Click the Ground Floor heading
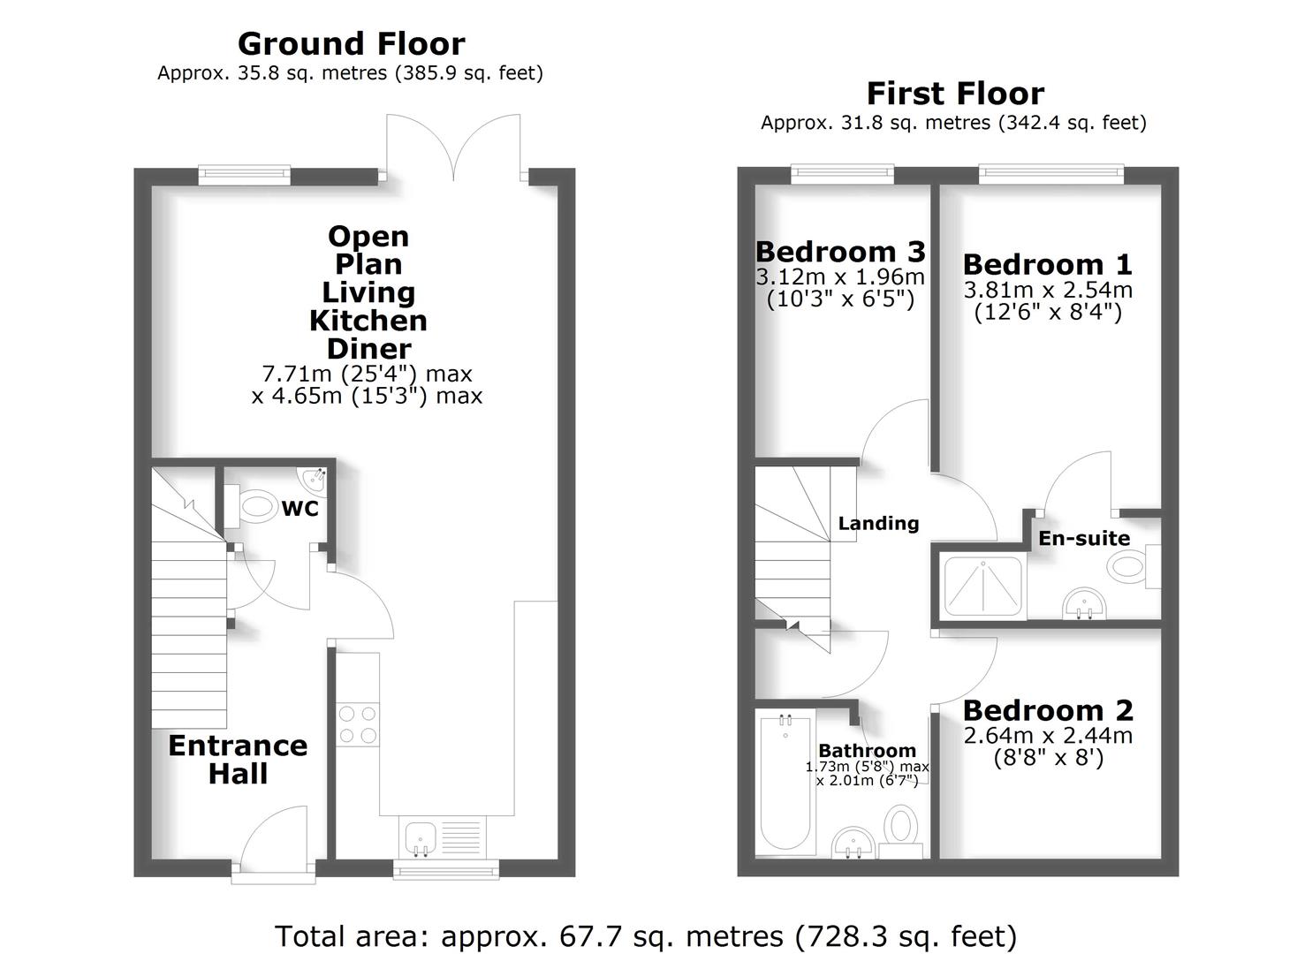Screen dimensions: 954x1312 pyautogui.click(x=351, y=43)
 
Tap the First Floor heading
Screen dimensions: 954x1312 pyautogui.click(x=954, y=93)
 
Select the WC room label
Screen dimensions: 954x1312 pyautogui.click(x=300, y=509)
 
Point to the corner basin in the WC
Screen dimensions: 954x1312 pyautogui.click(x=315, y=479)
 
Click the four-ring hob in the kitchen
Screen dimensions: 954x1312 pyautogui.click(x=358, y=723)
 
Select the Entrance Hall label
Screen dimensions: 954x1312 pyautogui.click(x=238, y=760)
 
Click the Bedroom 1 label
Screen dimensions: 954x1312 pyautogui.click(x=1047, y=264)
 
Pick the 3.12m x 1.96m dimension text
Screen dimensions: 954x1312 pyautogui.click(x=839, y=276)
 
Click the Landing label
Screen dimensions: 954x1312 pyautogui.click(x=878, y=523)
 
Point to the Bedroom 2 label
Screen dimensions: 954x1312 pyautogui.click(x=1047, y=710)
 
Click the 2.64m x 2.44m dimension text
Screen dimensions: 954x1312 pyautogui.click(x=1047, y=735)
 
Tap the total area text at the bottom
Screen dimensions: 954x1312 pyautogui.click(x=646, y=935)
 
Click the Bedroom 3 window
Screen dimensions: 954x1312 pyautogui.click(x=842, y=175)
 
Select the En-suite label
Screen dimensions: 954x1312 pyautogui.click(x=1084, y=538)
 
